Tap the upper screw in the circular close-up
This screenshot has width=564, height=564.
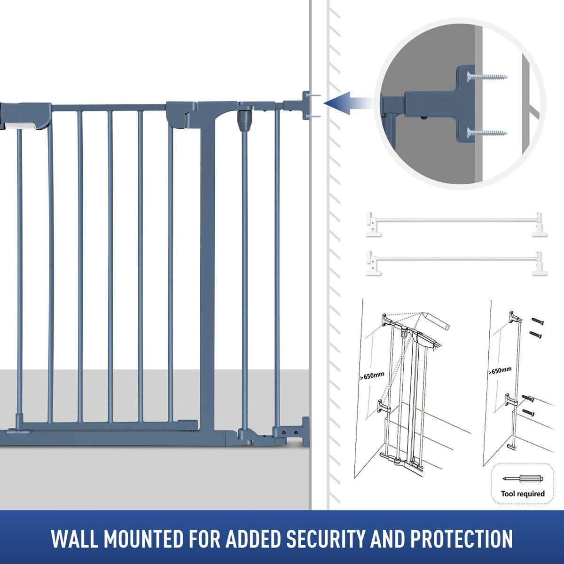pos(487,77)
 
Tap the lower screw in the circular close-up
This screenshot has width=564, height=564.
pos(487,132)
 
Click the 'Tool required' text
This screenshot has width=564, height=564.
pos(523,494)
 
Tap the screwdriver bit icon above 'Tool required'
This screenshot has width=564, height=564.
pos(523,478)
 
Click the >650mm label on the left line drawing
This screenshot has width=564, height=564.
pos(372,376)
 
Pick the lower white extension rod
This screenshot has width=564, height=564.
pos(456,258)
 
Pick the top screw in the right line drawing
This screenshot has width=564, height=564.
pos(538,321)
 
